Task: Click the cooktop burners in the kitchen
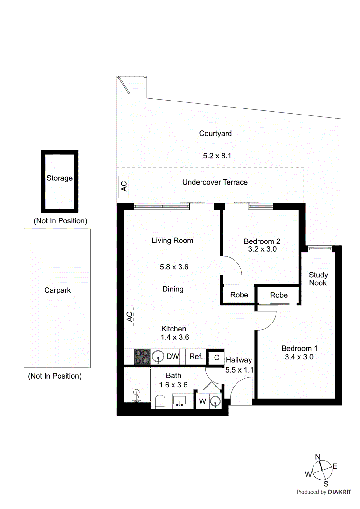coord(142,357)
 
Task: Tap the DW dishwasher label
coord(173,357)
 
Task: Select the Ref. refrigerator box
coord(196,357)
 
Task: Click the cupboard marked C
coord(216,358)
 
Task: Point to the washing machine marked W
coord(202,401)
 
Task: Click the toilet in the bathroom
coord(160,401)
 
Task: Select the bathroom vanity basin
coord(180,401)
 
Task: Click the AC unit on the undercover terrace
coord(124,186)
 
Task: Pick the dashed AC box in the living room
coord(129,316)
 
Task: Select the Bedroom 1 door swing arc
coord(269,321)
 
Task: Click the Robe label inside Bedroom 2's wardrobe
coord(239,295)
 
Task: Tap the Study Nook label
coord(318,279)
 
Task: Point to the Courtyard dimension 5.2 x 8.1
coord(217,156)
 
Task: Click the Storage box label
coord(60,178)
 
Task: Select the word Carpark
coord(58,290)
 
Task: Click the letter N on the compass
coord(318,457)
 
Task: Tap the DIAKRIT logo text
coord(339,492)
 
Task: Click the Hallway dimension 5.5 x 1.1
coord(239,370)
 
